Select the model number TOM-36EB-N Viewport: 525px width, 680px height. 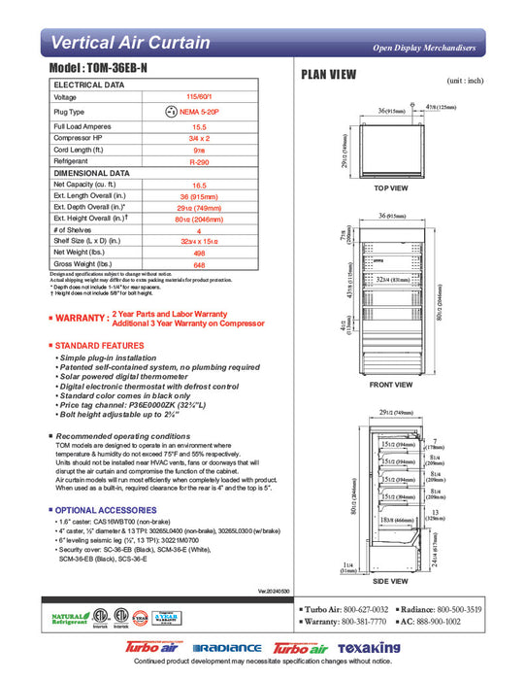(96, 72)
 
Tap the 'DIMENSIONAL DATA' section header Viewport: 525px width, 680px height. (92, 173)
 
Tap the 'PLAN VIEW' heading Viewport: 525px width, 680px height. (329, 76)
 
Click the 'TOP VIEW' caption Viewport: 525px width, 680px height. (391, 187)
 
